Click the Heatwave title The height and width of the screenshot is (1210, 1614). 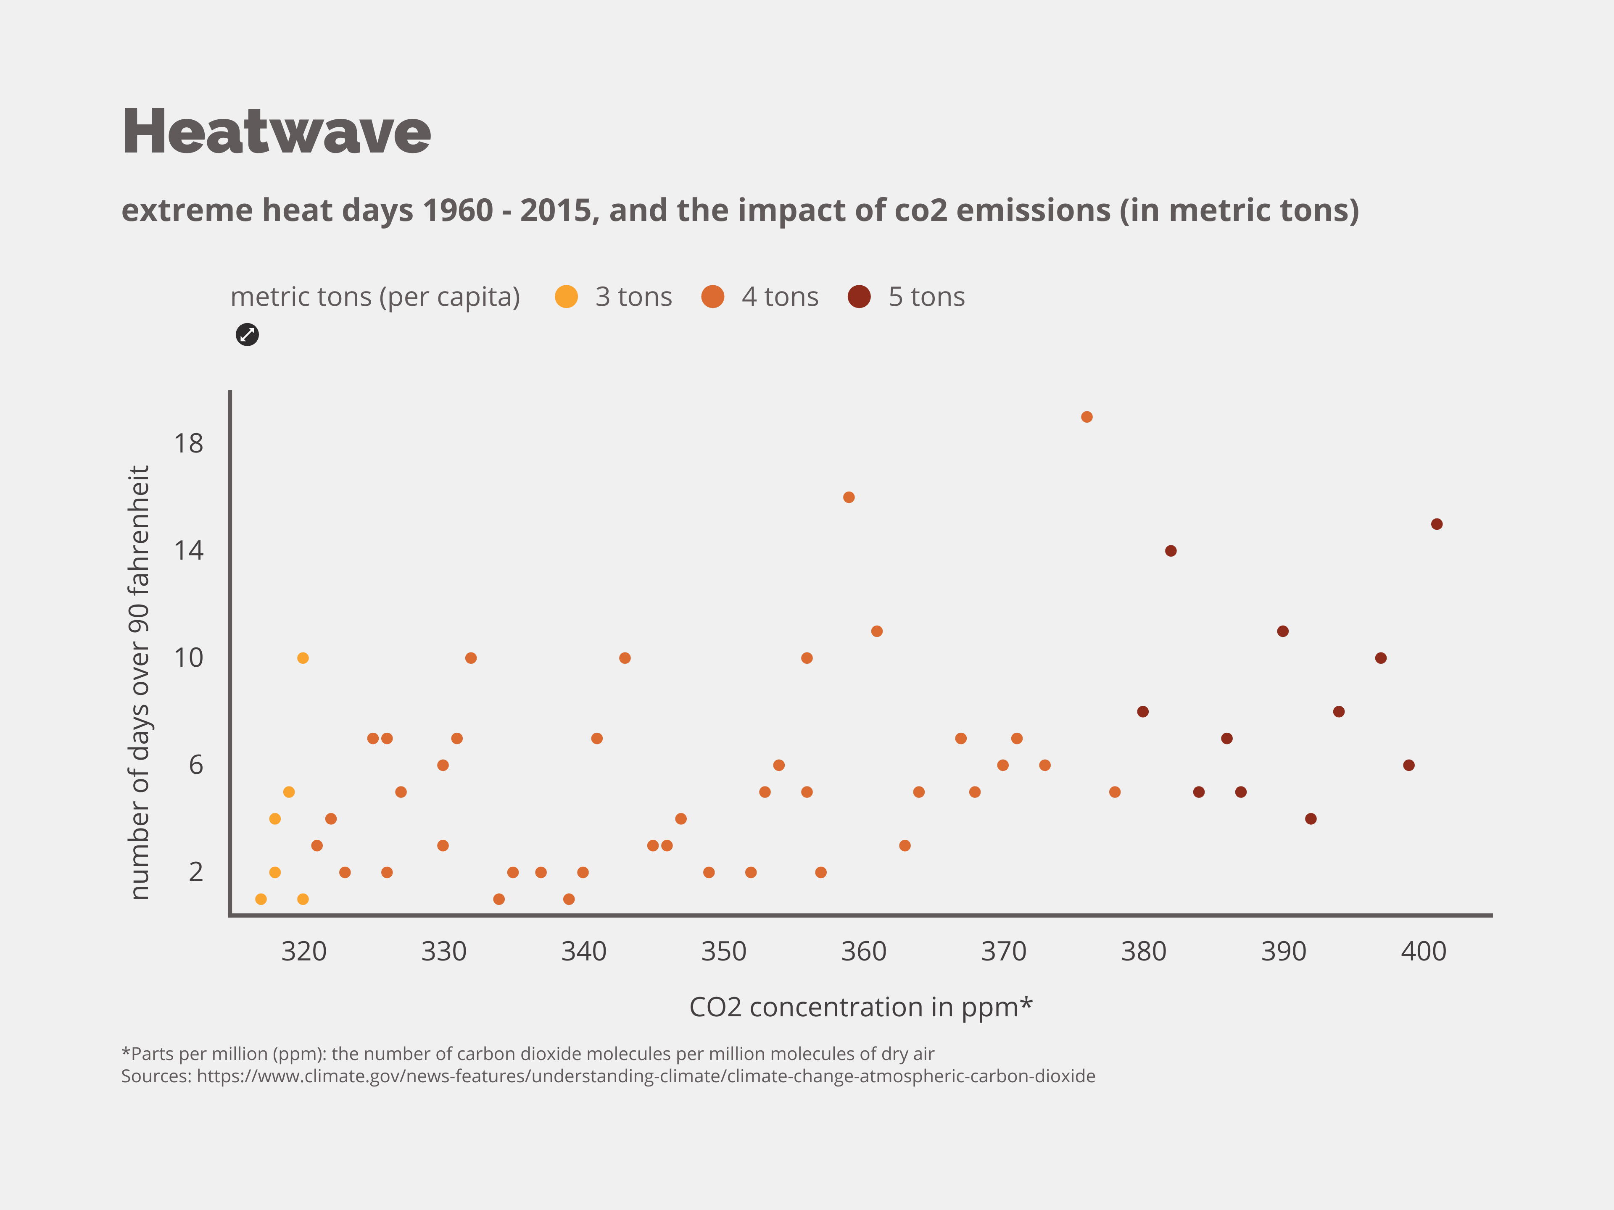[x=276, y=132]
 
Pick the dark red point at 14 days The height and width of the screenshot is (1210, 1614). [x=1171, y=551]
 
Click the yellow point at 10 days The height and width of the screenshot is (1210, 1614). [x=303, y=658]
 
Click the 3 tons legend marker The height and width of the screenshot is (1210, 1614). [x=566, y=297]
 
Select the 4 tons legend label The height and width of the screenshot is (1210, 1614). [x=779, y=297]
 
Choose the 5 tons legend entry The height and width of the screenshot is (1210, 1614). [x=925, y=297]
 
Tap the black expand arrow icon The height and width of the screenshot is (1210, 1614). [x=247, y=335]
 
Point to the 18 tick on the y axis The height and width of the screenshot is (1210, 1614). [x=188, y=443]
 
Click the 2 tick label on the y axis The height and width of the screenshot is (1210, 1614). [x=195, y=872]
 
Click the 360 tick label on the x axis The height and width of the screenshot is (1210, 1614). [x=863, y=951]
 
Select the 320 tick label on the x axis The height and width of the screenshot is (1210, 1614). [x=303, y=951]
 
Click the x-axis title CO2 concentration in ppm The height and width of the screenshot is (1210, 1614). [x=860, y=1007]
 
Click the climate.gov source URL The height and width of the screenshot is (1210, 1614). [x=645, y=1076]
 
